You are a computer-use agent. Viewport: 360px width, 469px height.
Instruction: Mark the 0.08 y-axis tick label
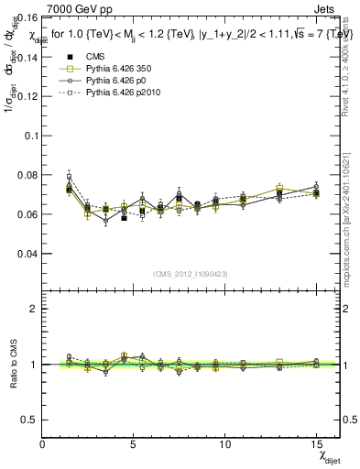(x=27, y=174)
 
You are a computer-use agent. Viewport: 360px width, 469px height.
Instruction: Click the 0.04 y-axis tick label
(x=27, y=253)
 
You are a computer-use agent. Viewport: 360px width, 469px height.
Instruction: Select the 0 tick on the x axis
(x=43, y=444)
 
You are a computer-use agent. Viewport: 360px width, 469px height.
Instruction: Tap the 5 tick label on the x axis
(x=134, y=444)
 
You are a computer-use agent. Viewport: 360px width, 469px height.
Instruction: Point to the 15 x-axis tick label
(x=315, y=444)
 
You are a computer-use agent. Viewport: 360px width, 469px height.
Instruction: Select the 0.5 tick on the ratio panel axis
(x=30, y=420)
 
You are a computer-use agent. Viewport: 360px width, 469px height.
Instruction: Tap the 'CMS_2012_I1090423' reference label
(x=191, y=272)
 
